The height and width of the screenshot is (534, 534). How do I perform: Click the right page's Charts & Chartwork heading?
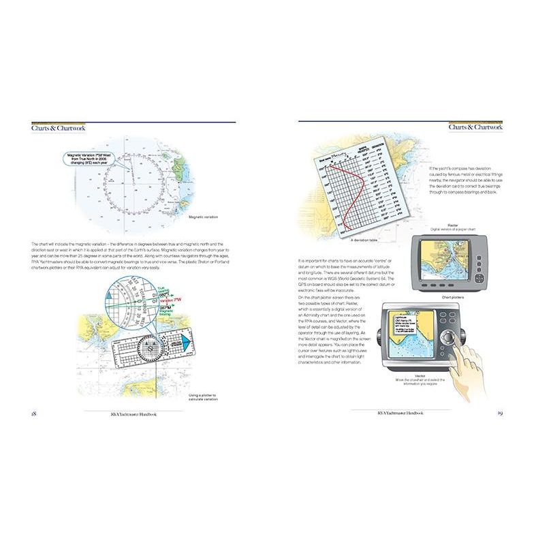(x=475, y=127)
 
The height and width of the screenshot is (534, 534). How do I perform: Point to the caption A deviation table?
(x=364, y=240)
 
